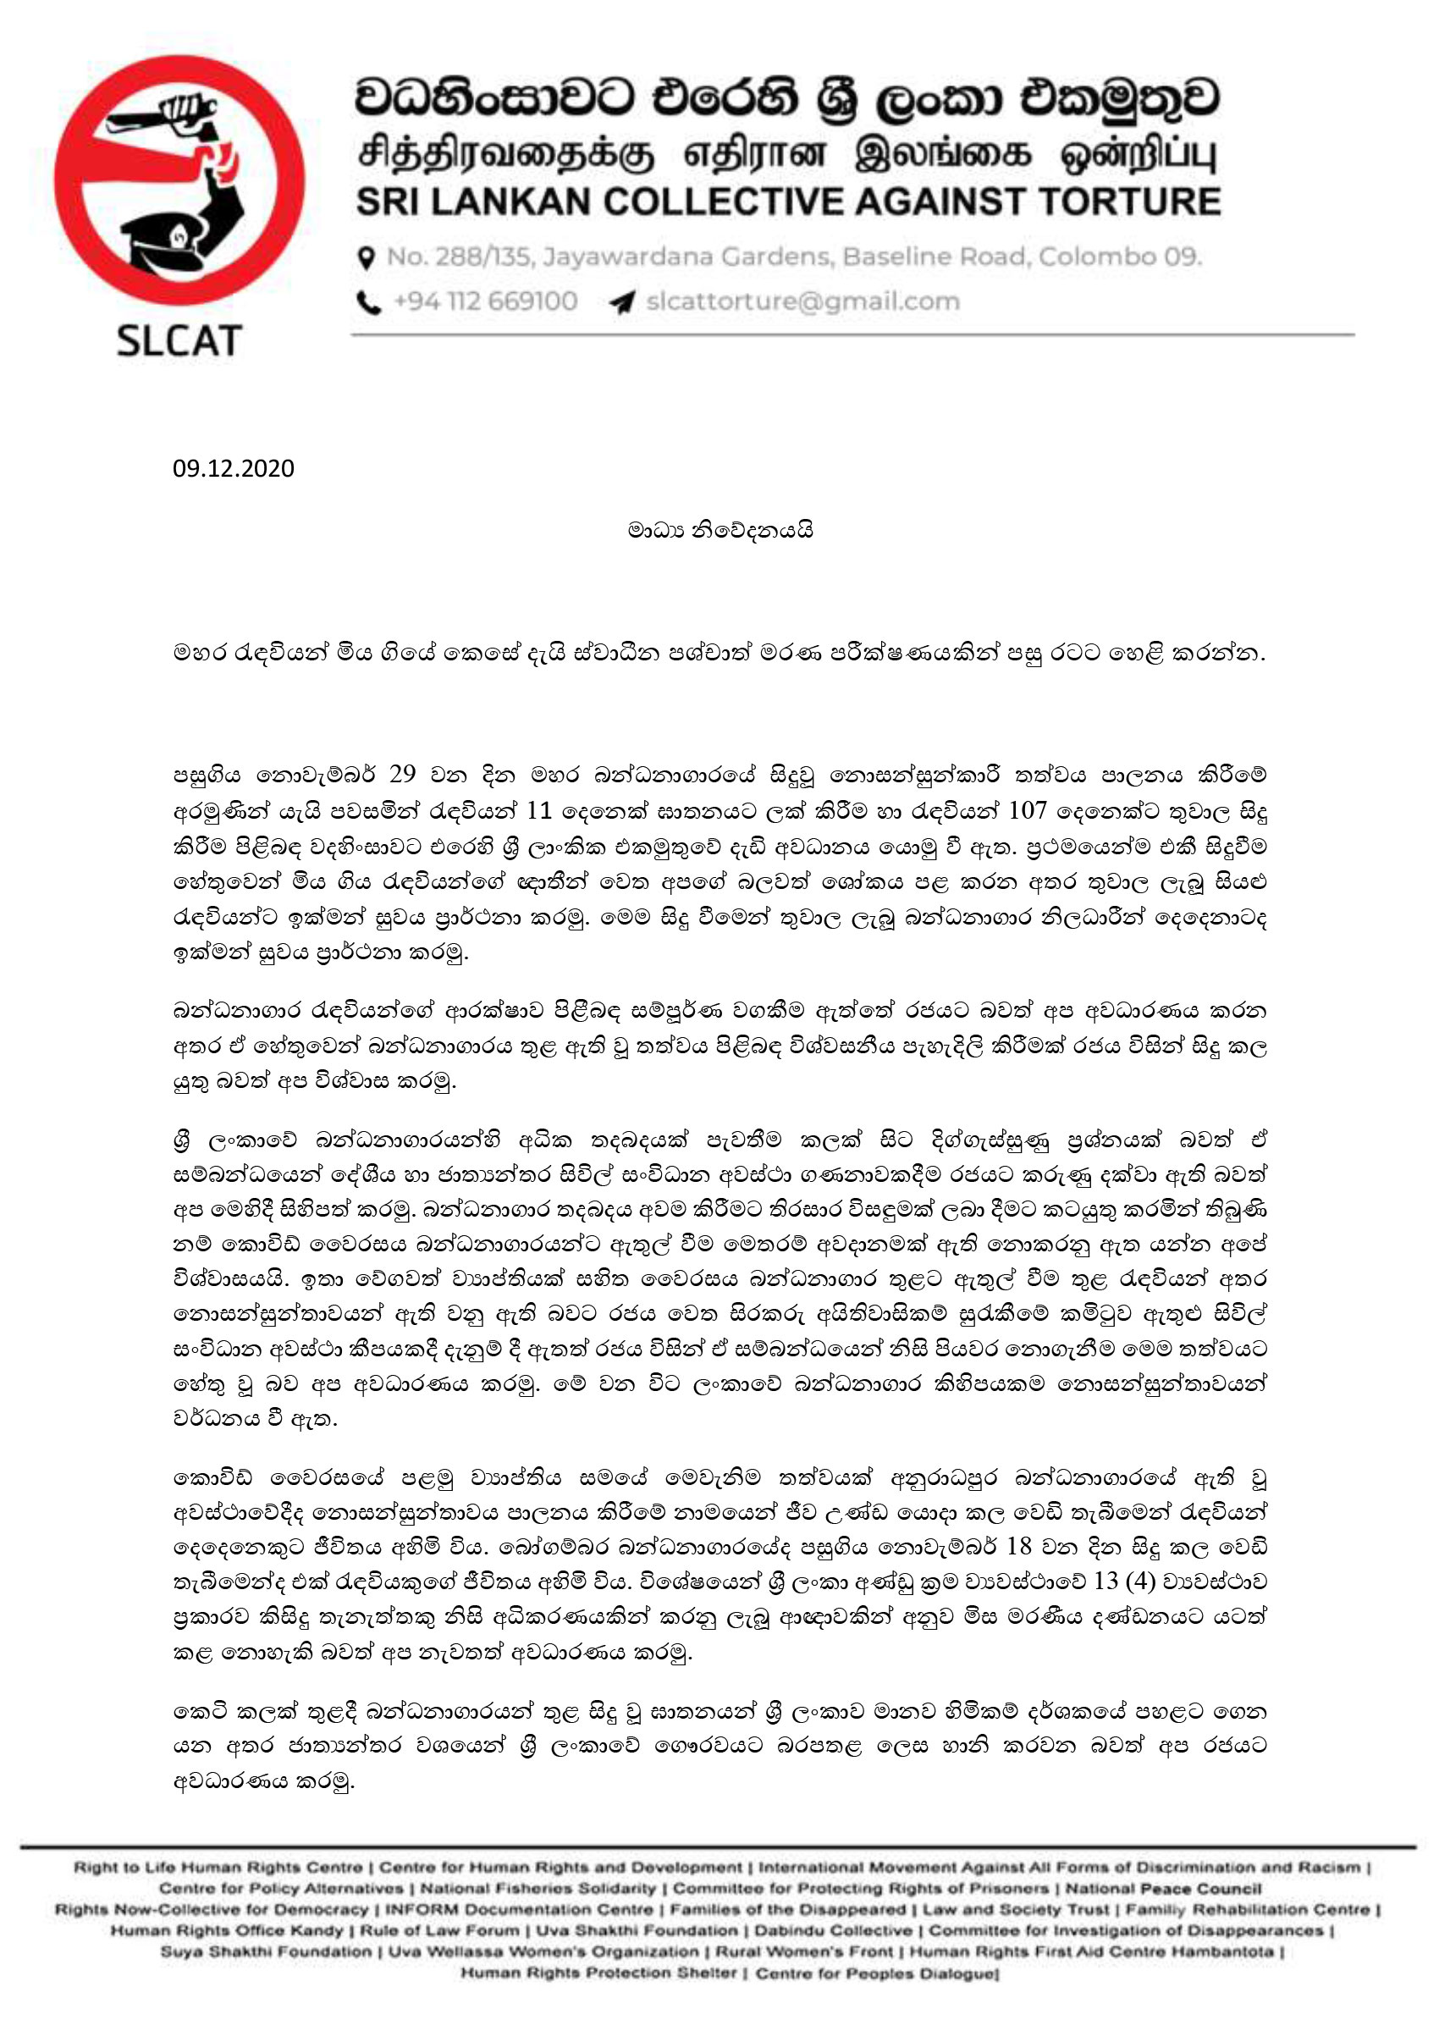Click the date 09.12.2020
[x=234, y=468]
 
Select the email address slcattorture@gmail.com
[x=802, y=301]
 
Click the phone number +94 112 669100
[x=484, y=301]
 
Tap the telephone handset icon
[x=368, y=302]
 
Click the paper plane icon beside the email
[x=622, y=302]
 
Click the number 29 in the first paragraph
[x=402, y=775]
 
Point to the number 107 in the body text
[x=1028, y=810]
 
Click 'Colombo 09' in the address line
[x=1120, y=257]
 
